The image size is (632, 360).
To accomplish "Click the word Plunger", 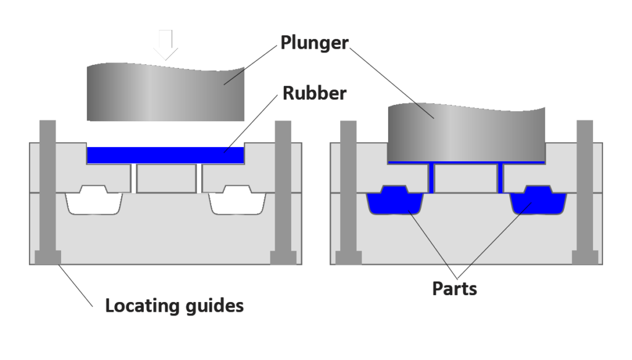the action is coord(314,43).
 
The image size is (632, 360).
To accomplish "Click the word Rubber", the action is coord(314,93).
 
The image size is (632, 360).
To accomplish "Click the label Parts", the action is coord(455,288).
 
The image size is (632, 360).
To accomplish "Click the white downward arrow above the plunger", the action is coord(165,44).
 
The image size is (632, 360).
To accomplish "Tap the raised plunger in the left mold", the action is coord(165,92).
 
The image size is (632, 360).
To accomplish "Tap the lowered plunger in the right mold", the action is coord(467,132).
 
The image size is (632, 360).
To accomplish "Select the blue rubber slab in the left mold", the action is coord(165,155).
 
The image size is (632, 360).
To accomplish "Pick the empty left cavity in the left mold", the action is coord(94,200).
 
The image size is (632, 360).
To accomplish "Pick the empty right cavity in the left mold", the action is coord(238,200).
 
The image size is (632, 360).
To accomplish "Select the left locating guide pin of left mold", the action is coord(48,192).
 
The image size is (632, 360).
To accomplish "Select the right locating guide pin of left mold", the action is coord(283,192).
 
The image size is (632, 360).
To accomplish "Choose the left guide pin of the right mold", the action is coord(348,192).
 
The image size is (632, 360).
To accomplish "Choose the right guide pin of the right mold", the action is coord(585,192).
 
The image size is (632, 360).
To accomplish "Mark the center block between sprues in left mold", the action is coord(167,178).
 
